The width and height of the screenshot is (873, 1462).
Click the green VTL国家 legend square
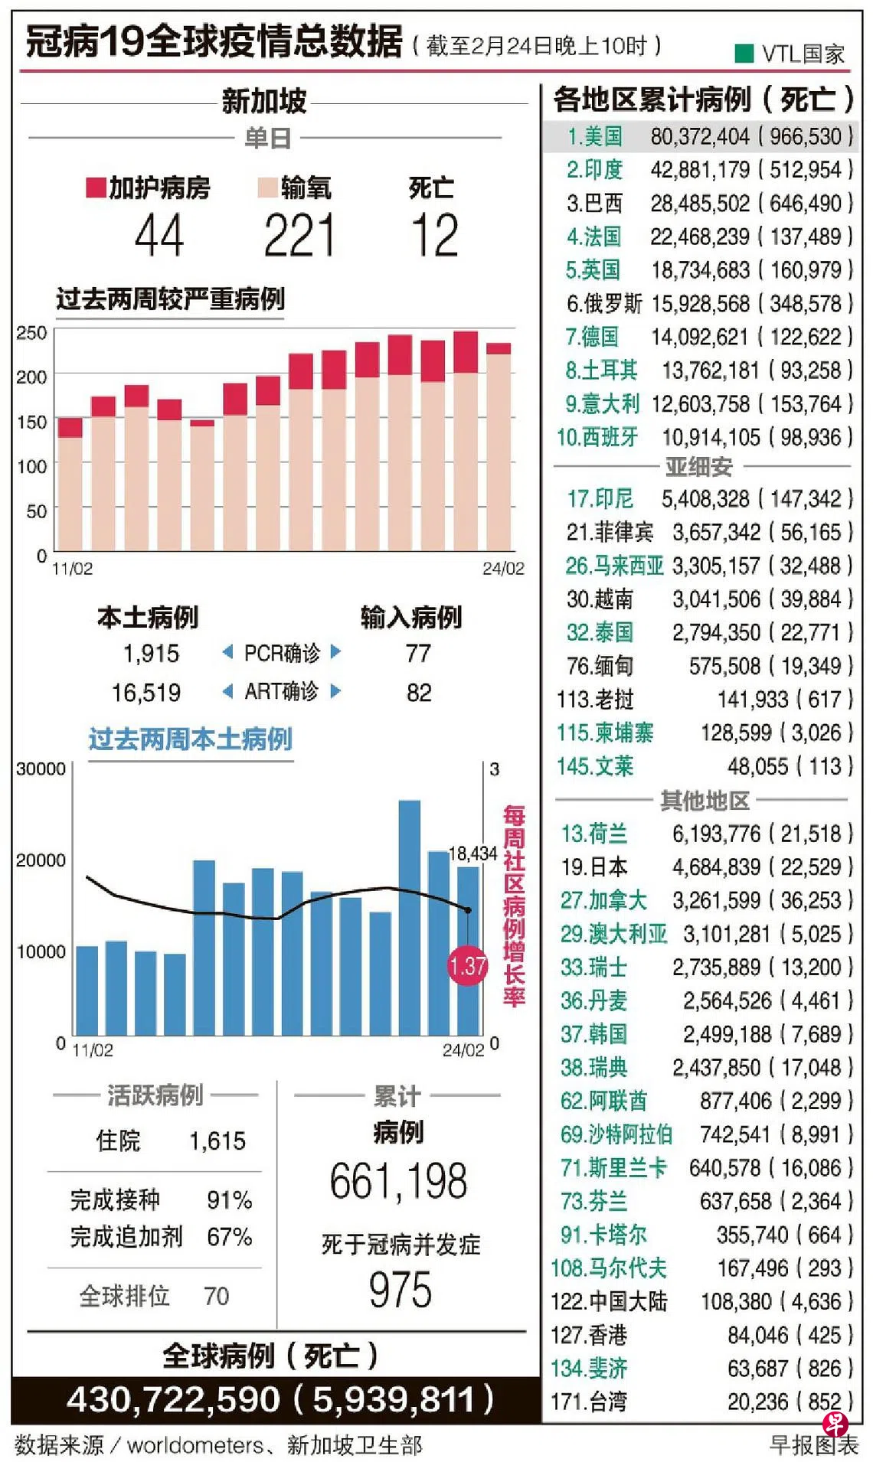pyautogui.click(x=744, y=53)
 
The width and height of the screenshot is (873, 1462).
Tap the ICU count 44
pyautogui.click(x=159, y=236)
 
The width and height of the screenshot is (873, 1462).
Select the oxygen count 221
pyautogui.click(x=299, y=236)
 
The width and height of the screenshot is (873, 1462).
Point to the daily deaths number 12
pyautogui.click(x=434, y=236)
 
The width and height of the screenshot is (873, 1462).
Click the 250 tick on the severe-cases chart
pyautogui.click(x=31, y=332)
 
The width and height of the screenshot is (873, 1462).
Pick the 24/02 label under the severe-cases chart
pyautogui.click(x=503, y=568)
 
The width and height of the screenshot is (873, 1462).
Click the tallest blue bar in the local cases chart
pyautogui.click(x=410, y=918)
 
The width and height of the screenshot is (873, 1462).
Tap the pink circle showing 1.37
pyautogui.click(x=468, y=966)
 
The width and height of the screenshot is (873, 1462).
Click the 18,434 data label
pyautogui.click(x=472, y=853)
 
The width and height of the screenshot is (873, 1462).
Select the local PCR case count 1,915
pyautogui.click(x=151, y=653)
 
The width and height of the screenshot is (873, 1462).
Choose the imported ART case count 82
pyautogui.click(x=419, y=693)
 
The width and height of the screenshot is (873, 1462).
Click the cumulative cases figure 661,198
pyautogui.click(x=398, y=1180)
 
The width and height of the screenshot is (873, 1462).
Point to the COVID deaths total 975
pyautogui.click(x=400, y=1290)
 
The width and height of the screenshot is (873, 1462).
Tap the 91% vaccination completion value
pyautogui.click(x=229, y=1199)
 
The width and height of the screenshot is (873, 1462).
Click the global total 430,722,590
pyautogui.click(x=173, y=1400)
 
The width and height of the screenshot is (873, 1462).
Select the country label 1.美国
pyautogui.click(x=594, y=136)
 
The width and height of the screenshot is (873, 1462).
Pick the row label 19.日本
pyautogui.click(x=593, y=866)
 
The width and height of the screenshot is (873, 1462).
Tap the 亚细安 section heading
pyautogui.click(x=698, y=466)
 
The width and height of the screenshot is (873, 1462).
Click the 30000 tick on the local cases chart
pyautogui.click(x=41, y=769)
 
